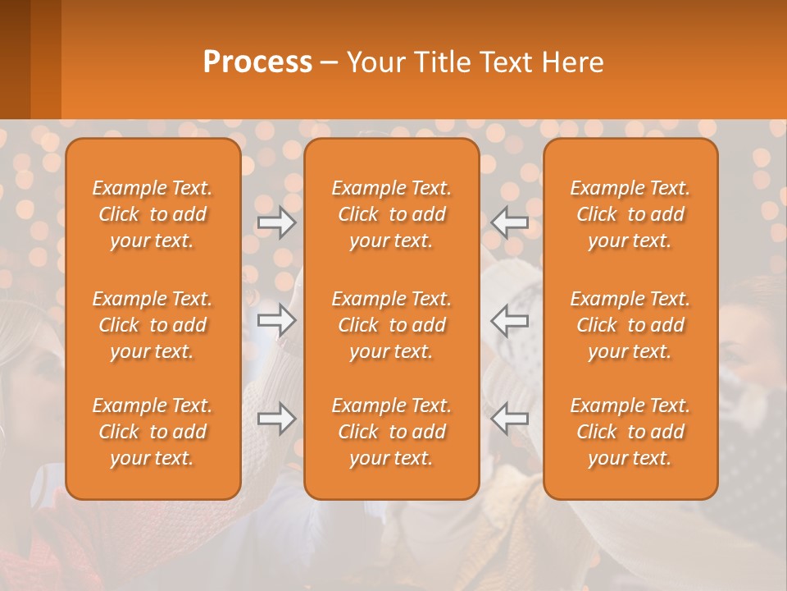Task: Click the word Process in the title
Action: tap(257, 62)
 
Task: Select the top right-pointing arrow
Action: tap(277, 222)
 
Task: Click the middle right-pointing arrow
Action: tap(277, 320)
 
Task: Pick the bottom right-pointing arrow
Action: tap(277, 419)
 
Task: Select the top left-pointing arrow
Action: tap(510, 222)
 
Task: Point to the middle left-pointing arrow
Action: tap(510, 320)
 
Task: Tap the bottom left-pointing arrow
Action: tap(510, 419)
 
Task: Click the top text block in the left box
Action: tap(152, 214)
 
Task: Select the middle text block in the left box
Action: tap(152, 325)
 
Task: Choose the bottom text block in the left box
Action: tap(152, 432)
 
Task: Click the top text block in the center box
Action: tap(391, 214)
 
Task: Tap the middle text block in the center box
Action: tap(391, 325)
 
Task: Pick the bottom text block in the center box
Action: tap(391, 432)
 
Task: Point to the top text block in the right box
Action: tap(630, 214)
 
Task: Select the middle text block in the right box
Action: tap(630, 325)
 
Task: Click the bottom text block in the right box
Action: tap(630, 432)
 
